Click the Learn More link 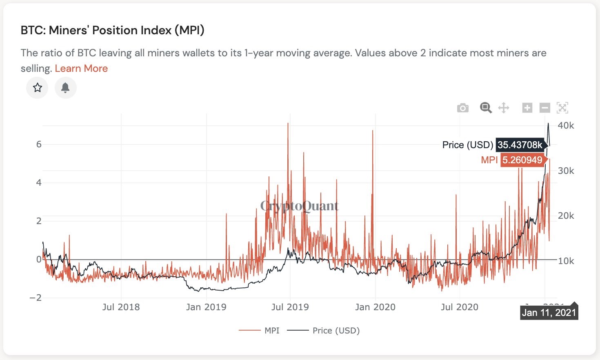(x=81, y=69)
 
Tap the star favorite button (x=38, y=87)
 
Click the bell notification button (x=65, y=87)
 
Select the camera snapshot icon (x=462, y=108)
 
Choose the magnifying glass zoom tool (x=485, y=108)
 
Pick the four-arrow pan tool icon (x=504, y=108)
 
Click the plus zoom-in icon (x=527, y=108)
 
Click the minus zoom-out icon (x=544, y=108)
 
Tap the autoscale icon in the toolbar (x=562, y=108)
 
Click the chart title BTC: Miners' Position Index (x=113, y=30)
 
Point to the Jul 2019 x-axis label (x=290, y=307)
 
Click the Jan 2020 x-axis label (x=375, y=307)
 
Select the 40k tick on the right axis (x=566, y=126)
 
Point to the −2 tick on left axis (x=36, y=298)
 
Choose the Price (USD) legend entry (x=324, y=331)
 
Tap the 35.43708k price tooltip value (x=520, y=145)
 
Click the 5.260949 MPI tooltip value (x=522, y=160)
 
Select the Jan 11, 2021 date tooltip (x=549, y=313)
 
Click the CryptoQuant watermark (x=300, y=206)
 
